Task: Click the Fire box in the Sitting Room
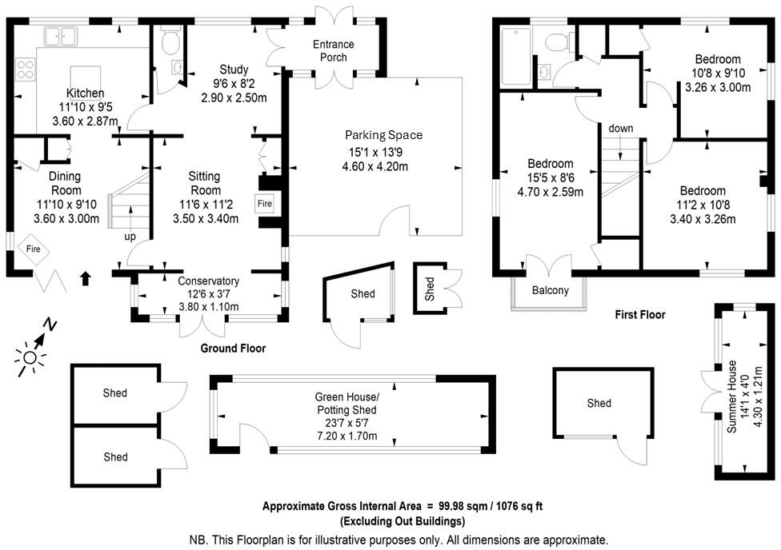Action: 264,205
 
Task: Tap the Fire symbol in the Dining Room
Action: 34,249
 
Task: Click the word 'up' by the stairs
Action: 130,237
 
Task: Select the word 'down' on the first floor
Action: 621,128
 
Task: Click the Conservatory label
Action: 208,281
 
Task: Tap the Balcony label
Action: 550,290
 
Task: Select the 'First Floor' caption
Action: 640,315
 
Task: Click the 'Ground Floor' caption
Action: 233,349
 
